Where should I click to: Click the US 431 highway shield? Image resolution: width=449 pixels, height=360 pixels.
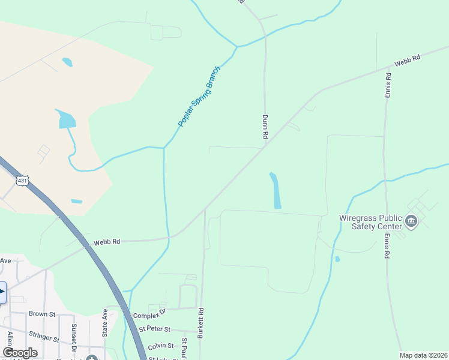22,181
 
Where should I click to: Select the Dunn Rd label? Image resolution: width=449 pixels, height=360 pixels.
265,127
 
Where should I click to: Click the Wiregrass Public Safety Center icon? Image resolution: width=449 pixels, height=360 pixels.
412,222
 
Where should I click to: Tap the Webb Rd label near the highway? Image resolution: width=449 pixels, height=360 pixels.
107,242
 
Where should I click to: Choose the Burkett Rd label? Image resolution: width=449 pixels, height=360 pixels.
201,323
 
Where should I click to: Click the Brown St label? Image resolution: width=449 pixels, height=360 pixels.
41,314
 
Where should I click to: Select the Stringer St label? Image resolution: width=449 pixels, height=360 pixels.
44,338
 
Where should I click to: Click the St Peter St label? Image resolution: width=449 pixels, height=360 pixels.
155,329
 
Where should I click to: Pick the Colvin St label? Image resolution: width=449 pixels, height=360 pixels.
160,346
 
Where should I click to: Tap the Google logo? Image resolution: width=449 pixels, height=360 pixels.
20,353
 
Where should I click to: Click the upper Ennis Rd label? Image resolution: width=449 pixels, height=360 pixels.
388,85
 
